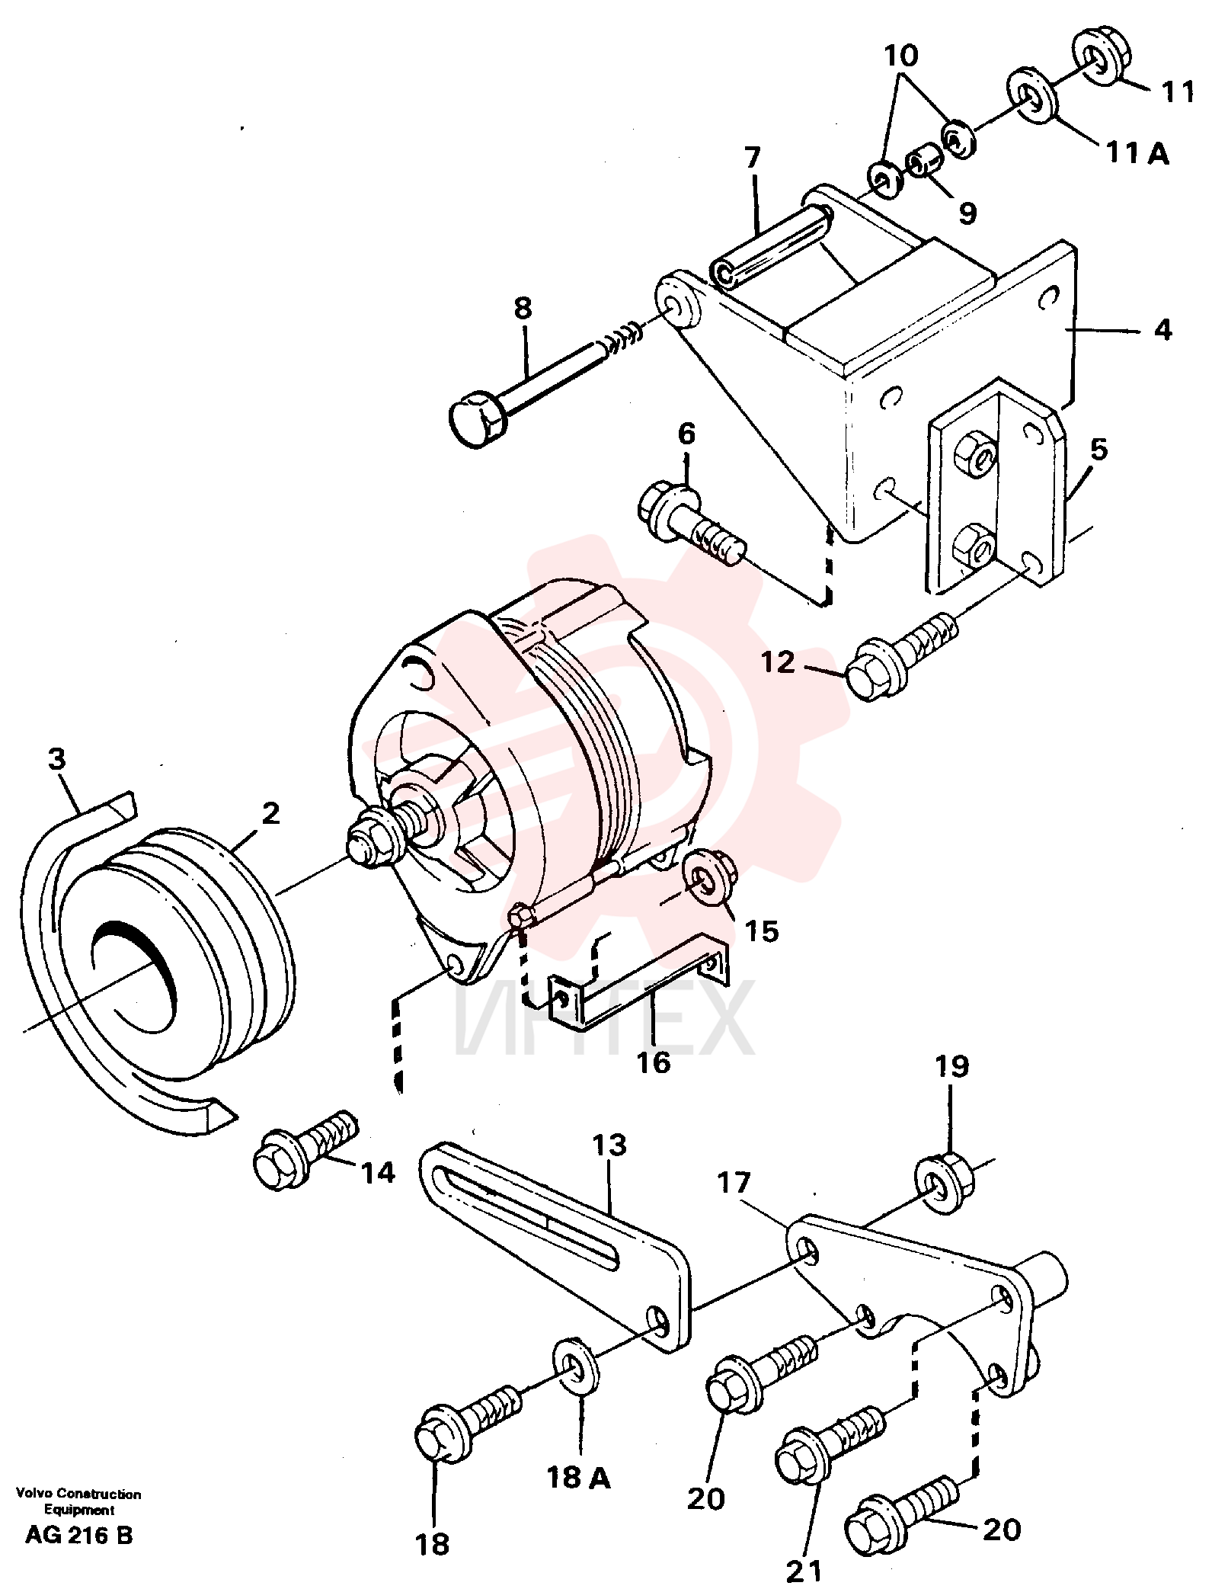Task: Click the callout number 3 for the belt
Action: coord(57,759)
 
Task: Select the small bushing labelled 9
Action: coord(925,162)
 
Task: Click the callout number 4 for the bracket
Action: coord(1162,331)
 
